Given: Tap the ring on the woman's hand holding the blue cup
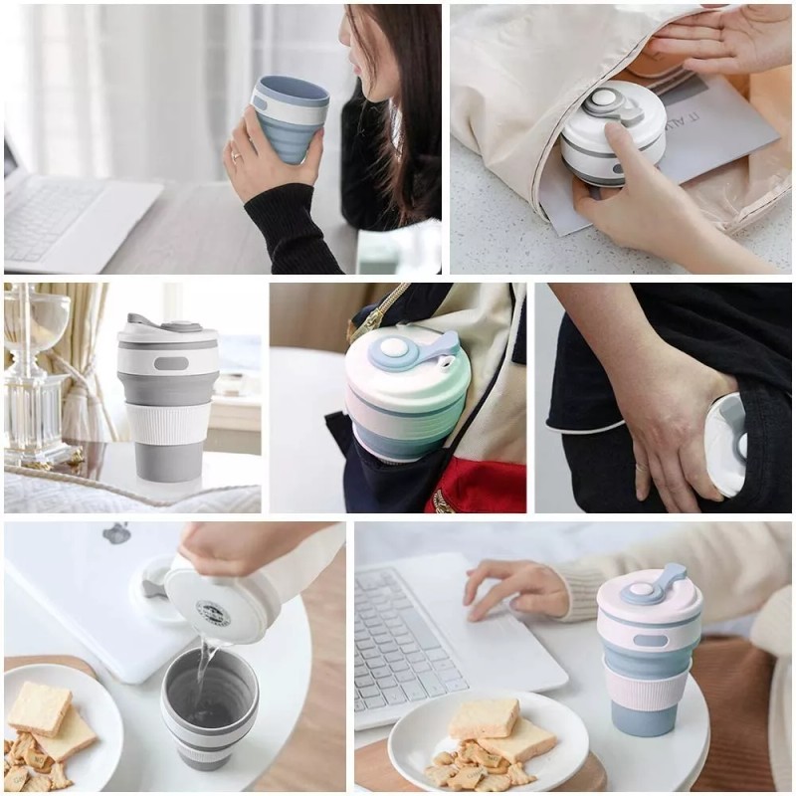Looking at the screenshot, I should pyautogui.click(x=236, y=155).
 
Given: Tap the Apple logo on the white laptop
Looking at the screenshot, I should pyautogui.click(x=116, y=533).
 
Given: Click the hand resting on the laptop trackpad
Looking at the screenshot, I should pyautogui.click(x=512, y=588).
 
